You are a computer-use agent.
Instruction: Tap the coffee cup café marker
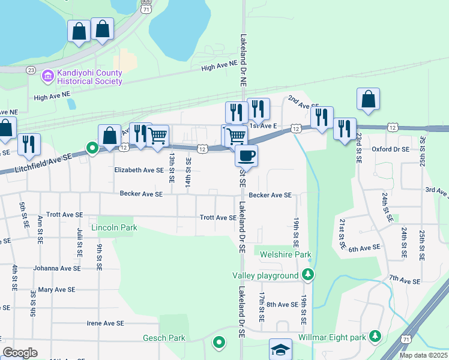click(246, 157)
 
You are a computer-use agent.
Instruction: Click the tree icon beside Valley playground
click(308, 275)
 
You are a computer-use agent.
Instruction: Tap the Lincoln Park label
click(114, 228)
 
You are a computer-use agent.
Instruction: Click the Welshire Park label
click(286, 255)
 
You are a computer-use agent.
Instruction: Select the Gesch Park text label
click(164, 338)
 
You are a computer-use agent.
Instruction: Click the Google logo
click(20, 353)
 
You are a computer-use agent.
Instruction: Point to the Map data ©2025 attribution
click(423, 355)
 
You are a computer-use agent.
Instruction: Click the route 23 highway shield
click(31, 70)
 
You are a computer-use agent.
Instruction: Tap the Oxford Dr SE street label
click(390, 149)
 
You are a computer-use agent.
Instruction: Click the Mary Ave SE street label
click(56, 289)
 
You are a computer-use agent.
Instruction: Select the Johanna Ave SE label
click(56, 268)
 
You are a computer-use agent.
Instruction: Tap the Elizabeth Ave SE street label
click(139, 170)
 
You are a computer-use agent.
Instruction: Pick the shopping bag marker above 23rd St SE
click(368, 100)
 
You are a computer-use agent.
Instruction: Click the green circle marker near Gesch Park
click(219, 343)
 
